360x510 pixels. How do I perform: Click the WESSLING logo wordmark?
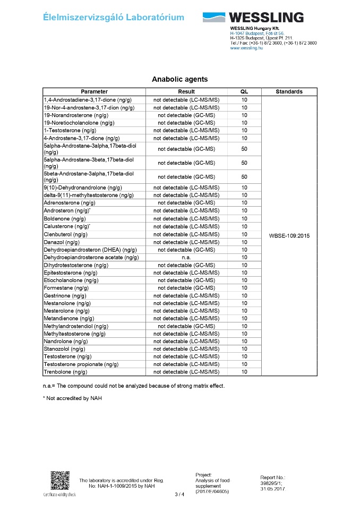[x=266, y=17]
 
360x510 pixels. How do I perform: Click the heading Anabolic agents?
[x=179, y=79]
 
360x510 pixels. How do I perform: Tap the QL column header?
[x=244, y=91]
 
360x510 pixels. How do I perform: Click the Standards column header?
[x=289, y=91]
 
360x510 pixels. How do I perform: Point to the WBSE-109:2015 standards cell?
[x=289, y=235]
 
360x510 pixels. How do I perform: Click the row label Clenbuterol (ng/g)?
[x=66, y=234]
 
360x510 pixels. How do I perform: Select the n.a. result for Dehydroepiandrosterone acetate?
[x=186, y=257]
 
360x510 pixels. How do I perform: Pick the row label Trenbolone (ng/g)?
[x=65, y=372]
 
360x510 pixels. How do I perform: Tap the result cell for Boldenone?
[x=186, y=219]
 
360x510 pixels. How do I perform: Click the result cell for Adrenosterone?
[x=186, y=202]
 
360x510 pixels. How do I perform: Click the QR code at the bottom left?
[x=59, y=481]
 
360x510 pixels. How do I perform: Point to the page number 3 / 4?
[x=179, y=495]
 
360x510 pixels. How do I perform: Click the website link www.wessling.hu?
[x=246, y=48]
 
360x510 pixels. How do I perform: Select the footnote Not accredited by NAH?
[x=66, y=398]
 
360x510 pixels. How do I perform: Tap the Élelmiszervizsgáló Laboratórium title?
[x=114, y=18]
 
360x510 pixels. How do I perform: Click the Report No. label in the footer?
[x=273, y=478]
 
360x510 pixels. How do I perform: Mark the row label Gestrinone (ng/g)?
[x=65, y=295]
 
